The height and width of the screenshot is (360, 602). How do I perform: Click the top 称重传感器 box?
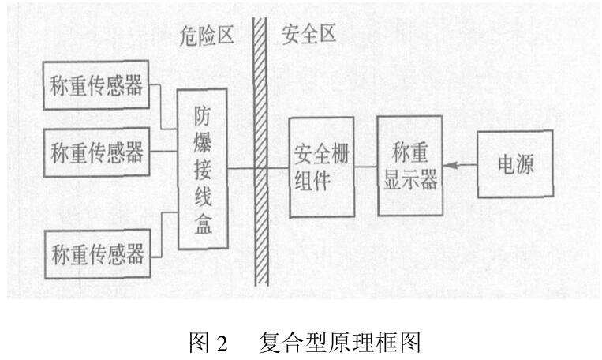point(99,86)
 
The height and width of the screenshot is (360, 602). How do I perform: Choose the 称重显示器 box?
point(409,167)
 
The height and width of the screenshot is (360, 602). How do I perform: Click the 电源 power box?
point(515,166)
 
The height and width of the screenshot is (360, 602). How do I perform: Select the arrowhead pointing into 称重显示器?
point(449,167)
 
